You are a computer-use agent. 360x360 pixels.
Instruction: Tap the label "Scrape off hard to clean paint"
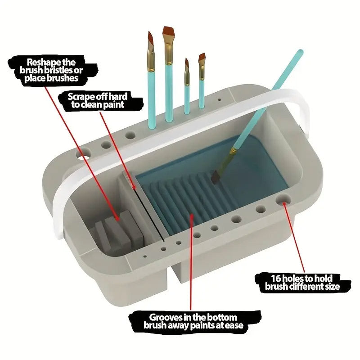(x=97, y=100)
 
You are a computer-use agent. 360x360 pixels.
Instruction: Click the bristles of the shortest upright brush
(x=186, y=64)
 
